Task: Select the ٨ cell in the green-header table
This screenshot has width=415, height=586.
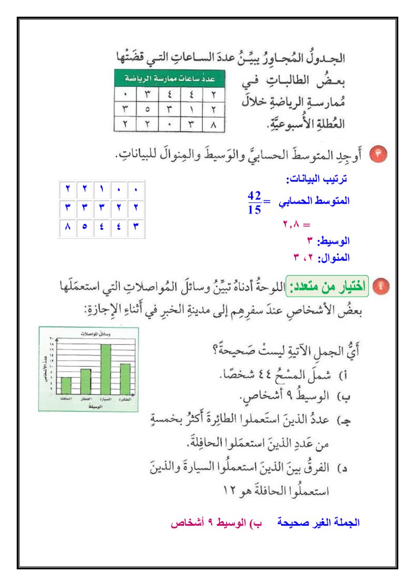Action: click(213, 124)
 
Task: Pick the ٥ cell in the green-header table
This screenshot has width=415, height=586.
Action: click(147, 109)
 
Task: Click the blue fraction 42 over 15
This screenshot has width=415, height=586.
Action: click(254, 202)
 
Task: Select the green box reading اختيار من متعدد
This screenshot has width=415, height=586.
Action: click(328, 285)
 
